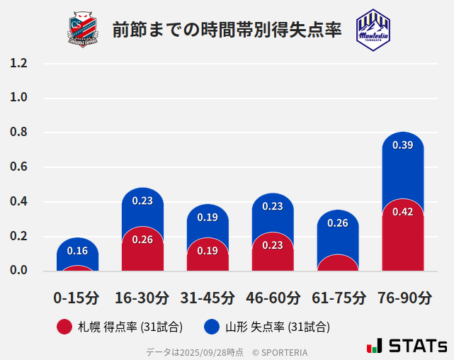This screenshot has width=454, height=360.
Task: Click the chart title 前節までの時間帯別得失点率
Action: click(x=227, y=30)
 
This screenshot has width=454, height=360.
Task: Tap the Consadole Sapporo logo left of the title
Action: click(x=84, y=29)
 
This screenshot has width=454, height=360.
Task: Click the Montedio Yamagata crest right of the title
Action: click(x=373, y=29)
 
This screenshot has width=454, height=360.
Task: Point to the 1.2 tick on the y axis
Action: click(x=18, y=63)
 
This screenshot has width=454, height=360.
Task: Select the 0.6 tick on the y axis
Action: click(x=18, y=167)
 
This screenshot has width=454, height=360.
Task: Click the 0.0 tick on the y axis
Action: click(x=18, y=270)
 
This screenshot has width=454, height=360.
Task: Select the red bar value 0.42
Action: click(x=402, y=212)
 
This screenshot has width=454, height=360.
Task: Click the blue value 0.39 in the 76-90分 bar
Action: click(x=402, y=145)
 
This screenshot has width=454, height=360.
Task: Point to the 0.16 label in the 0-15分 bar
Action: click(x=77, y=251)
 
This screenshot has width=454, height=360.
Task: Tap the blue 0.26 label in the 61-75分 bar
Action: click(x=338, y=223)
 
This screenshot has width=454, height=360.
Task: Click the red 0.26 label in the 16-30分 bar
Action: click(x=142, y=240)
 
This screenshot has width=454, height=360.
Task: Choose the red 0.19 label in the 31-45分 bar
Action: click(x=208, y=251)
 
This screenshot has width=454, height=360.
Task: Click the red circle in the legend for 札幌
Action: click(x=64, y=327)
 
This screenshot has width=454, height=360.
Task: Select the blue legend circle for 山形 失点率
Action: click(x=211, y=327)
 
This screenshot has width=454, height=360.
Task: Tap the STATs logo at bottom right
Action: click(x=407, y=346)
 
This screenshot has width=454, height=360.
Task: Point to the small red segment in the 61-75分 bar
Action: click(x=338, y=263)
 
